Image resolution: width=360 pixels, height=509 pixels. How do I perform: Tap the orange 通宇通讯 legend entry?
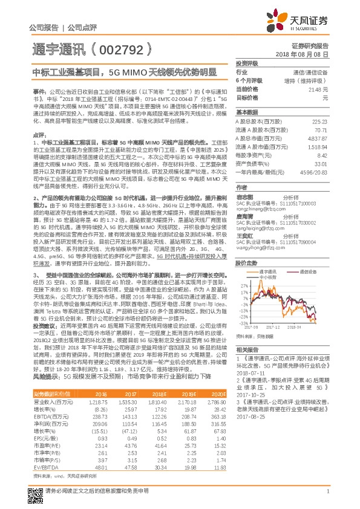click(x=269, y=272)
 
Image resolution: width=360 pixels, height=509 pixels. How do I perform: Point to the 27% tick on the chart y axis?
click(x=244, y=283)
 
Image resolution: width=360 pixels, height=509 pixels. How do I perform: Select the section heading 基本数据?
click(x=246, y=112)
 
